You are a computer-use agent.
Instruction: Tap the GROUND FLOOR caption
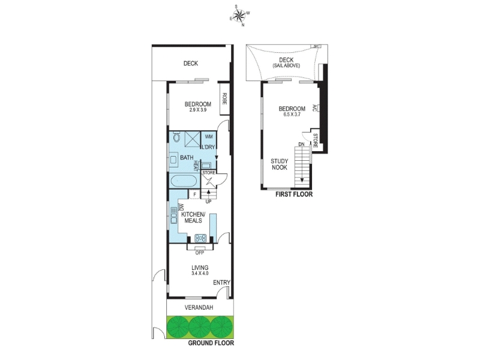coord(211,343)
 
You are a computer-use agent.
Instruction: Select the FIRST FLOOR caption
coord(294,194)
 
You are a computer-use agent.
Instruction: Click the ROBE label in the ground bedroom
coord(224,98)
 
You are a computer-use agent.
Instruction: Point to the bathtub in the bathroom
coord(183,181)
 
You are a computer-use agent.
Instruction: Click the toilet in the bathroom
coord(176,137)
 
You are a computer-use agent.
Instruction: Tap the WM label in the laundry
coord(208,136)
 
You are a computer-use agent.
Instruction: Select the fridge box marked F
coord(194,194)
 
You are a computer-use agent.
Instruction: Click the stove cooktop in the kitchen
coord(200,238)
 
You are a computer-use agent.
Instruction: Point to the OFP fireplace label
coord(200,253)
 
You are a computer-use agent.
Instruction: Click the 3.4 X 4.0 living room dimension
coord(200,274)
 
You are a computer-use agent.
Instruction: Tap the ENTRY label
coord(221,283)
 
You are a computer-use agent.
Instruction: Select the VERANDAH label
coord(199,307)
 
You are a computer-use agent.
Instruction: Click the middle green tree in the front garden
coord(200,326)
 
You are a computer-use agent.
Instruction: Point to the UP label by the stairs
coord(208,202)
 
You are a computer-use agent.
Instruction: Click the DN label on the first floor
coord(302,144)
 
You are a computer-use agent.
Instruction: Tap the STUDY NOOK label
coord(280,164)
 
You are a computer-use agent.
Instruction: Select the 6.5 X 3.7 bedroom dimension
coord(292,115)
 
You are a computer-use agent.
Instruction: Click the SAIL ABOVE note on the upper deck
coord(286,65)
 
